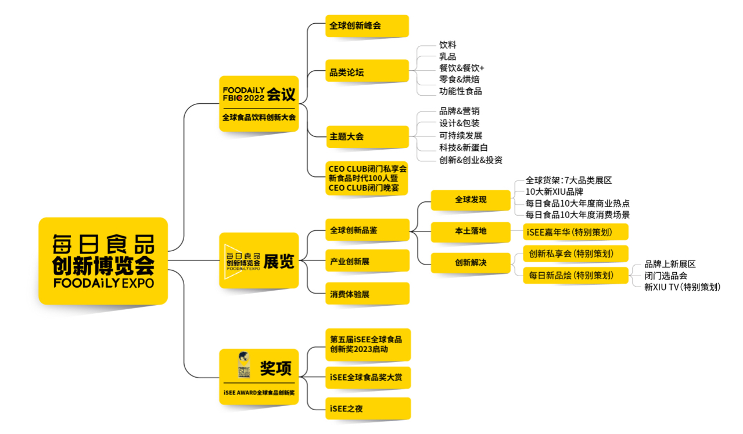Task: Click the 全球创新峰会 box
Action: click(x=367, y=26)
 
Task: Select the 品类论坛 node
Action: click(x=367, y=71)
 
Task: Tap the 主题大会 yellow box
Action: click(x=368, y=137)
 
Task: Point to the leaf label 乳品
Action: click(x=447, y=56)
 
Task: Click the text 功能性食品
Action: click(x=461, y=91)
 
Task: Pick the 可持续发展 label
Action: click(x=461, y=136)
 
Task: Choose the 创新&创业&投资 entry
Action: click(x=471, y=160)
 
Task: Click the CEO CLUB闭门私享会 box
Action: click(x=367, y=178)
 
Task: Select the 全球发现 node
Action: click(x=471, y=200)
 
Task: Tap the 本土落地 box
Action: click(x=471, y=232)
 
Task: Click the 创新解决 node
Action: click(x=471, y=263)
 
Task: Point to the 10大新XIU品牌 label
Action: click(x=554, y=192)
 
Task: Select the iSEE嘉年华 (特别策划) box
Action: click(x=576, y=232)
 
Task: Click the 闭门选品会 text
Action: click(x=666, y=276)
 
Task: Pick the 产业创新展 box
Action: click(x=367, y=261)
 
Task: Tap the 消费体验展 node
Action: click(x=367, y=294)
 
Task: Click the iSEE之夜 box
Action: click(x=368, y=408)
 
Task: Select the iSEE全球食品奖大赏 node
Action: click(x=368, y=378)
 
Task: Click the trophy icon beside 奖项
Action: click(x=244, y=365)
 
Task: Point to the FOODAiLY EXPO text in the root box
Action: click(x=103, y=283)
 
